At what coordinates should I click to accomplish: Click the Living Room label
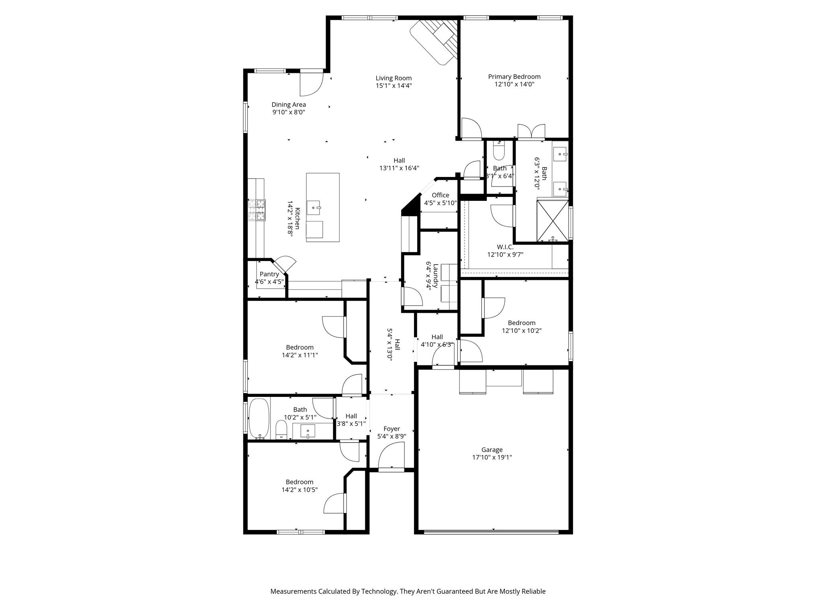(x=393, y=78)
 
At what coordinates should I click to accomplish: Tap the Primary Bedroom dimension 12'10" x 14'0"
(x=514, y=84)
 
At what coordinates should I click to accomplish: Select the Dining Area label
(x=288, y=105)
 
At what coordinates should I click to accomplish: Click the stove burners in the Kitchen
(x=256, y=210)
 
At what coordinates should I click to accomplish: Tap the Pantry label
(x=269, y=274)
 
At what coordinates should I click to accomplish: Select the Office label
(x=440, y=195)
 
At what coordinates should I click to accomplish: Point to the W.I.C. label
(x=505, y=247)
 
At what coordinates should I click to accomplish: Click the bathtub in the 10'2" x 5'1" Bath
(x=259, y=418)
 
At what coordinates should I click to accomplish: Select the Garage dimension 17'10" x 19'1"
(x=492, y=457)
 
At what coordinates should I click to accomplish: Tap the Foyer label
(x=391, y=429)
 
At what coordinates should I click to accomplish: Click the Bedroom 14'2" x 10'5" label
(x=299, y=482)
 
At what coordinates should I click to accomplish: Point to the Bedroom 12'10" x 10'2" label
(x=521, y=323)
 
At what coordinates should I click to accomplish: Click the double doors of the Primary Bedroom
(x=531, y=131)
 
